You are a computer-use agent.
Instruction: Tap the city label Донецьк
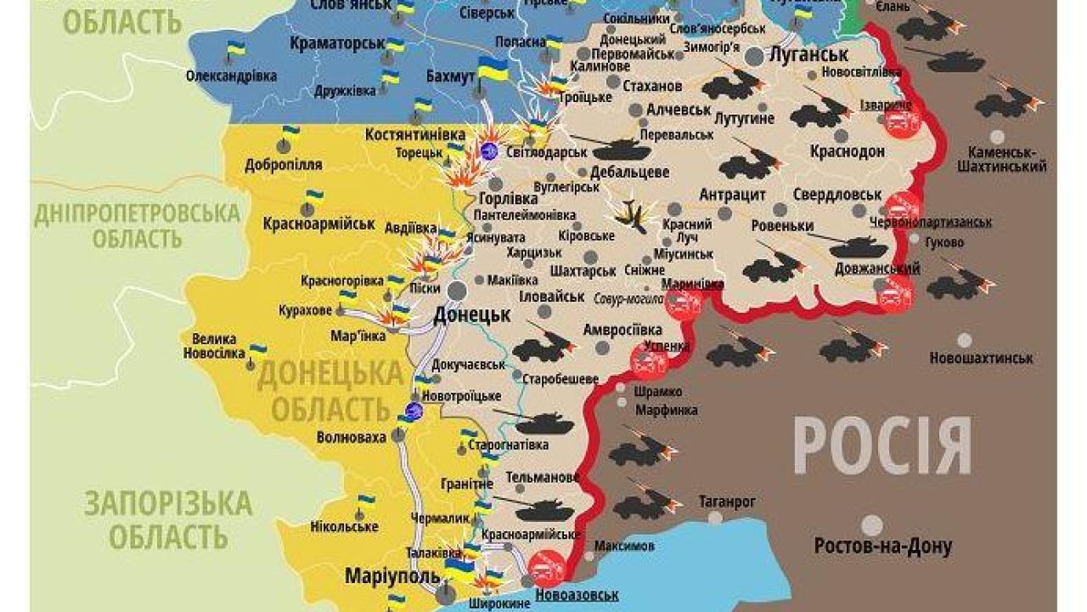pos(471,314)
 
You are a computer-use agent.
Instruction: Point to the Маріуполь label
pos(383,575)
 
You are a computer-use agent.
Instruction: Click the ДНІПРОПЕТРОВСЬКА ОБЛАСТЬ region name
pos(136,224)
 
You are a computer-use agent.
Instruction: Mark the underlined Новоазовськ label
pos(577,595)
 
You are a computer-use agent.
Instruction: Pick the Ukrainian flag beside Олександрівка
pos(235,51)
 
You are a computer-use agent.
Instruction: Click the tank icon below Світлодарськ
pos(622,150)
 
